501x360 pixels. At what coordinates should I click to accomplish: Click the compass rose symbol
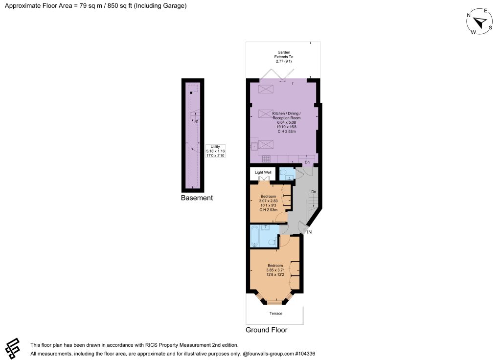point(479,22)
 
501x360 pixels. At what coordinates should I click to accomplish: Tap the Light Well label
point(263,172)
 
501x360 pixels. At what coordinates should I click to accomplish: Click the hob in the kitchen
point(266,159)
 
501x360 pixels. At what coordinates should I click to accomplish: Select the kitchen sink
point(254,146)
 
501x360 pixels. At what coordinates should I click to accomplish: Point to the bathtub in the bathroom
point(254,236)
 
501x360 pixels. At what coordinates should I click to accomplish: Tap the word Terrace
point(276,314)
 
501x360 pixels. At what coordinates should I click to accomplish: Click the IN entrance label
point(309,232)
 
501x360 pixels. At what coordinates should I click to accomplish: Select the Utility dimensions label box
point(215,151)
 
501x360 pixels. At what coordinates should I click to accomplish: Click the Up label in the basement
point(196,121)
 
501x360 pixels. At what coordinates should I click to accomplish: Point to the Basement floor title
point(197,198)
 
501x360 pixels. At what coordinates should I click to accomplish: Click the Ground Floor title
point(267,330)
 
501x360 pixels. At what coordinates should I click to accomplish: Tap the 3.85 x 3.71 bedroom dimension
point(275,270)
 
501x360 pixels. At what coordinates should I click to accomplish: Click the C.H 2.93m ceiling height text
point(269,210)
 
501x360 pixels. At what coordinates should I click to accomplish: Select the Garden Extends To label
point(284,55)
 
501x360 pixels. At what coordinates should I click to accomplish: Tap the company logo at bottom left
point(12,348)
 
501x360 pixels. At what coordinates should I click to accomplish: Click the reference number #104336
point(305,354)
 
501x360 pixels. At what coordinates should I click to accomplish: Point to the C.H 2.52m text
point(287,131)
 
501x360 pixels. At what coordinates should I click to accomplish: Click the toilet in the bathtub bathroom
point(272,243)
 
